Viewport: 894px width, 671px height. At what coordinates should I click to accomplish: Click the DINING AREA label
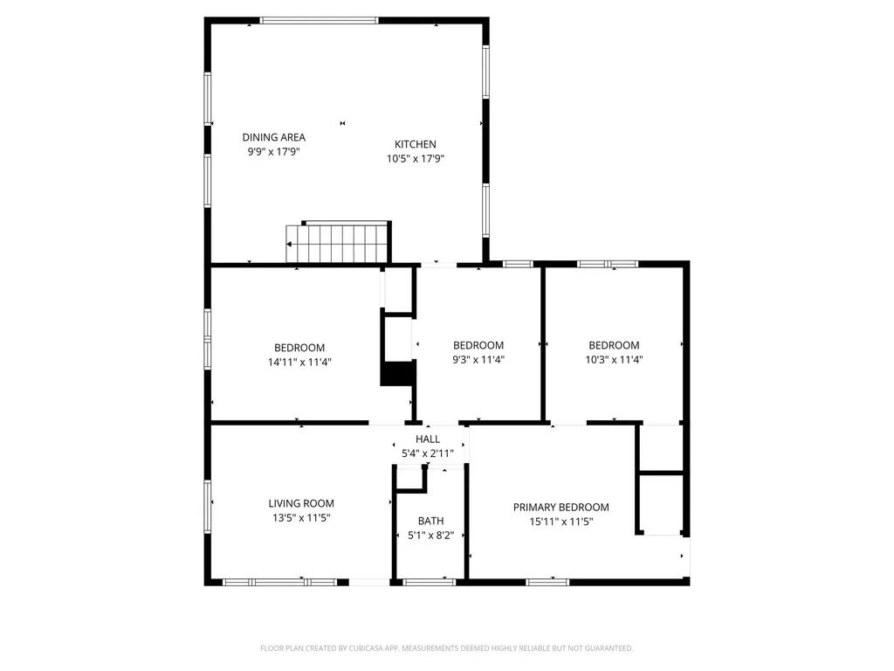pyautogui.click(x=273, y=137)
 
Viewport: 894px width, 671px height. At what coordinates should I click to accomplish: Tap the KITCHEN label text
pyautogui.click(x=415, y=144)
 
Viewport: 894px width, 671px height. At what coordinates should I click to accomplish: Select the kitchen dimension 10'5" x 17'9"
pyautogui.click(x=415, y=159)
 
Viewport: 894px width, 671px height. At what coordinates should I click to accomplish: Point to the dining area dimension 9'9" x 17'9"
pyautogui.click(x=273, y=151)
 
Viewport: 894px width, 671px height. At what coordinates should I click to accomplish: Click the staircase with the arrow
pyautogui.click(x=338, y=243)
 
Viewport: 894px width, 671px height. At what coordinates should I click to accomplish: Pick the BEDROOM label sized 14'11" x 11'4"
pyautogui.click(x=299, y=348)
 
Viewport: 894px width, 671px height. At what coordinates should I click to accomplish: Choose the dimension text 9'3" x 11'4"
pyautogui.click(x=478, y=359)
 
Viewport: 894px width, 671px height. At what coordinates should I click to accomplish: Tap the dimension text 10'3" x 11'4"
pyautogui.click(x=614, y=359)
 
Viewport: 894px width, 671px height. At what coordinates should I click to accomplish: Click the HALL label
pyautogui.click(x=428, y=439)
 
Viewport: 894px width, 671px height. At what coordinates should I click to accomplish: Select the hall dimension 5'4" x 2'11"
pyautogui.click(x=428, y=453)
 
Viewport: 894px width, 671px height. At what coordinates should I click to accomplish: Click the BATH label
pyautogui.click(x=430, y=521)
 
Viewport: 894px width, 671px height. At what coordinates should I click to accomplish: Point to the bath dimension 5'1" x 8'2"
pyautogui.click(x=430, y=536)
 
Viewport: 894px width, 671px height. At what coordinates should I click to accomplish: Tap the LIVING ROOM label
pyautogui.click(x=301, y=503)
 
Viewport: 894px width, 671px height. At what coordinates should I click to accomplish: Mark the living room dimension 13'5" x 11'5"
pyautogui.click(x=301, y=518)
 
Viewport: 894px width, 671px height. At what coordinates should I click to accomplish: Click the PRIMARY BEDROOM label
pyautogui.click(x=561, y=508)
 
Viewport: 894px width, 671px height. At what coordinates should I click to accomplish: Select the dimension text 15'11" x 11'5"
pyautogui.click(x=561, y=522)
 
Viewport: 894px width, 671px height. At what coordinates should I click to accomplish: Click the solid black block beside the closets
pyautogui.click(x=397, y=374)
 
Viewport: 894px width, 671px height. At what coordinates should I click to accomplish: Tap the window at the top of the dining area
pyautogui.click(x=319, y=21)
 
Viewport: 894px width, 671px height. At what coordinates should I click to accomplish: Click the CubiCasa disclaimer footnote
pyautogui.click(x=446, y=648)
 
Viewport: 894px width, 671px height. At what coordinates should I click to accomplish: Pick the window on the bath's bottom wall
pyautogui.click(x=430, y=582)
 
